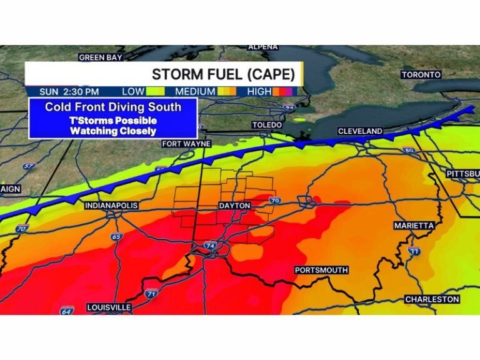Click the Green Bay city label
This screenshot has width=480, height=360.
pyautogui.click(x=100, y=57)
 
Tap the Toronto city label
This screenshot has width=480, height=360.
pyautogui.click(x=421, y=75)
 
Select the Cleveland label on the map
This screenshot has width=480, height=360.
pyautogui.click(x=360, y=131)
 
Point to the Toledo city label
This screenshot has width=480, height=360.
pyautogui.click(x=267, y=125)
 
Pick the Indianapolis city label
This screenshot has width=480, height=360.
pyautogui.click(x=111, y=206)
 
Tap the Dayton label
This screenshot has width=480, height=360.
pyautogui.click(x=234, y=206)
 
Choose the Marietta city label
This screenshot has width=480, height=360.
pyautogui.click(x=414, y=225)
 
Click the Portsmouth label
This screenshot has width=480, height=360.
pyautogui.click(x=321, y=270)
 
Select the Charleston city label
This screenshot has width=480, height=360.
pyautogui.click(x=432, y=300)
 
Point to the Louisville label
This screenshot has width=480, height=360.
pyautogui.click(x=109, y=307)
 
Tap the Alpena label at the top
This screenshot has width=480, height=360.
pyautogui.click(x=262, y=47)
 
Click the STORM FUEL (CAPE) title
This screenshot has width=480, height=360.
pyautogui.click(x=223, y=74)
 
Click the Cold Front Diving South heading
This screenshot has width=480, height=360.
pyautogui.click(x=113, y=107)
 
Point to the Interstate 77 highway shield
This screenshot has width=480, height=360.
pyautogui.click(x=414, y=251)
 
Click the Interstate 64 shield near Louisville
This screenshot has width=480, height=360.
pyautogui.click(x=67, y=310)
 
